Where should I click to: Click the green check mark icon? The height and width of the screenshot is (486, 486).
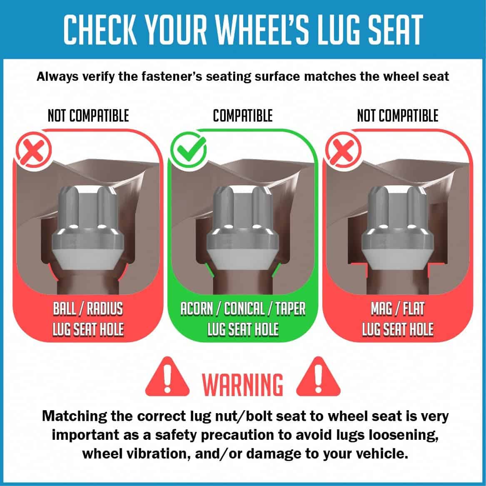pyautogui.click(x=188, y=151)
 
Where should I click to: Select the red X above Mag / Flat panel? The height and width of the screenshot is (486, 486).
pyautogui.click(x=343, y=151)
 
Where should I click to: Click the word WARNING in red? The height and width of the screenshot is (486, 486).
pyautogui.click(x=243, y=384)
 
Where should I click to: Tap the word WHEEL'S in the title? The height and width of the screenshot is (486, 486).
pyautogui.click(x=262, y=30)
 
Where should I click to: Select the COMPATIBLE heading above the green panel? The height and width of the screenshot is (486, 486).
pyautogui.click(x=243, y=116)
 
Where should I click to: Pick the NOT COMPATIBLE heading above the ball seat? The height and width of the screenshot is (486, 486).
pyautogui.click(x=88, y=116)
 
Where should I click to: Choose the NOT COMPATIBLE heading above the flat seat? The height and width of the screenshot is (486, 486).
pyautogui.click(x=398, y=116)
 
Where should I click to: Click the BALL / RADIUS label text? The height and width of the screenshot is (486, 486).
pyautogui.click(x=88, y=309)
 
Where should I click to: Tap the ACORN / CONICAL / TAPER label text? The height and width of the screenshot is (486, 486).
pyautogui.click(x=243, y=309)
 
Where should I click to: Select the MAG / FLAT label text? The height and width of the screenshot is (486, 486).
pyautogui.click(x=398, y=309)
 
